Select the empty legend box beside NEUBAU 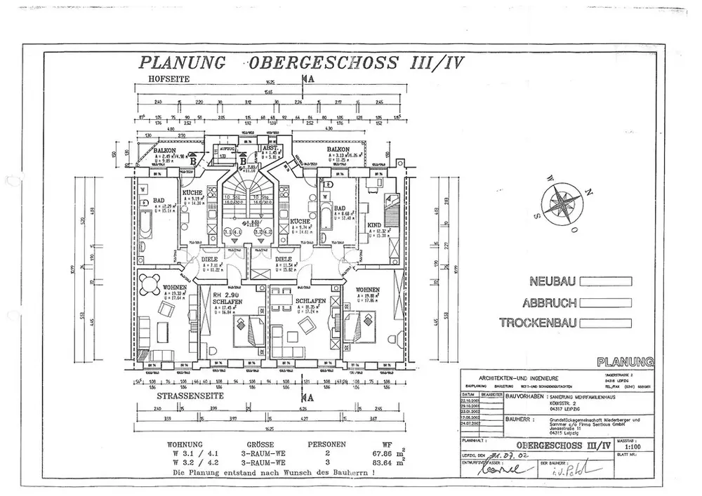(x=605, y=282)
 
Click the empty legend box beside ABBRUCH (x=605, y=303)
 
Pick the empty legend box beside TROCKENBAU (x=605, y=323)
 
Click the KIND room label (x=374, y=225)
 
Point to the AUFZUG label (x=227, y=149)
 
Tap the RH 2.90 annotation (x=227, y=295)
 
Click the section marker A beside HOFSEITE (x=310, y=79)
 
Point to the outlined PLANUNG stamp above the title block (x=625, y=362)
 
